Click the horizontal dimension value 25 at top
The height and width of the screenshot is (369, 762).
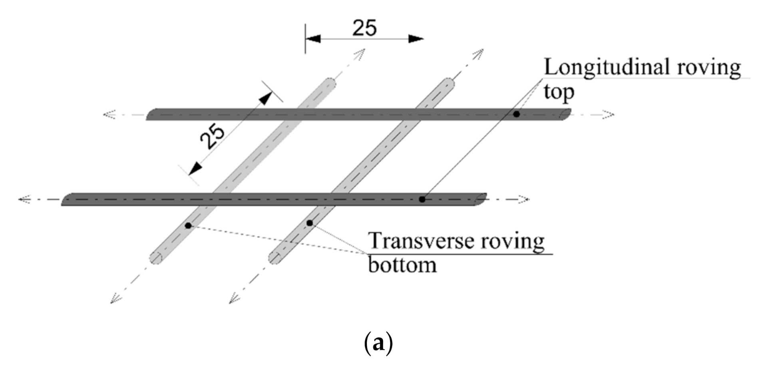click(x=364, y=28)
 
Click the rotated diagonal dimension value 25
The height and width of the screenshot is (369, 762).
click(x=212, y=136)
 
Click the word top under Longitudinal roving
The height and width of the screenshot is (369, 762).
click(x=559, y=92)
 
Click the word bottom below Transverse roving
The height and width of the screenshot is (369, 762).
click(x=402, y=265)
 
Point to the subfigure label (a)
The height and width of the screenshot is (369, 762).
click(x=378, y=343)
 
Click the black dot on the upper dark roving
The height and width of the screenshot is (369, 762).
click(x=516, y=114)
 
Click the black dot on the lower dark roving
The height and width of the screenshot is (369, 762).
click(x=422, y=199)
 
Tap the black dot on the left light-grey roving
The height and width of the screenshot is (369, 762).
click(x=188, y=226)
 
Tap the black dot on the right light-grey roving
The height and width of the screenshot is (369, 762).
click(x=309, y=223)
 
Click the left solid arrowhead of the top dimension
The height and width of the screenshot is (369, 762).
click(x=313, y=39)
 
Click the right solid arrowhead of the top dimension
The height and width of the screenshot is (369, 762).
click(x=416, y=39)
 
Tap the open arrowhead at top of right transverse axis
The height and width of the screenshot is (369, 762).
click(x=479, y=53)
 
